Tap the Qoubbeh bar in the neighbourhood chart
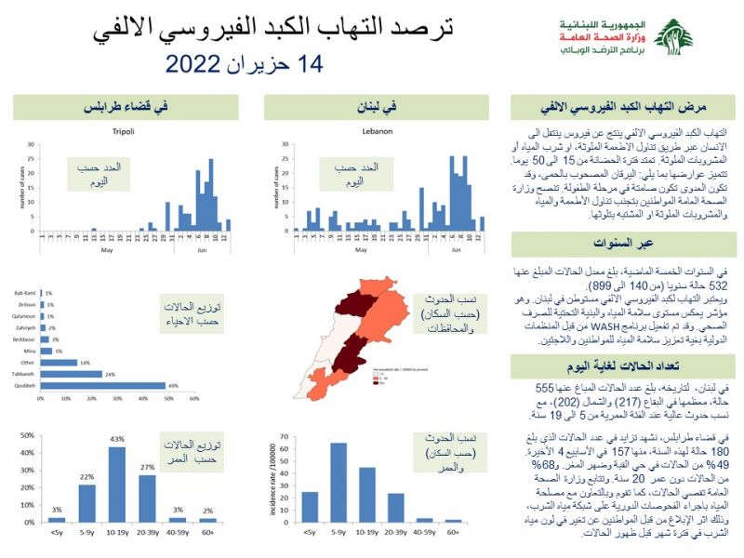coord(103,385)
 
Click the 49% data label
coord(172,385)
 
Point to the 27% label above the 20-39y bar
coord(148,467)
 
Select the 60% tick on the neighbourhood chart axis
coord(194,398)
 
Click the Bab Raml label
coord(25,293)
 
